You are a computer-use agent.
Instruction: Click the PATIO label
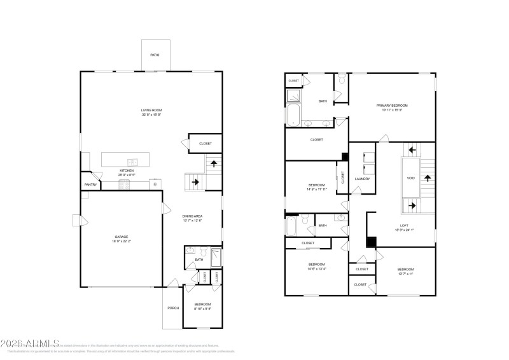pos(155,55)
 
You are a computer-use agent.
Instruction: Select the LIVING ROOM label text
pos(151,111)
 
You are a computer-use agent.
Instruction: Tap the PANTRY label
pos(90,185)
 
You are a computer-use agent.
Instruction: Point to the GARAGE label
pos(122,237)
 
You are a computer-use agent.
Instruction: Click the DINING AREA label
pos(193,217)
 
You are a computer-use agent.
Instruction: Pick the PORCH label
pos(173,308)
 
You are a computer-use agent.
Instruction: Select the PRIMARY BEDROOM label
pos(392,105)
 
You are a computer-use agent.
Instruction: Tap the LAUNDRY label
pos(363,179)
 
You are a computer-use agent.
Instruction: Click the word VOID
pos(411,178)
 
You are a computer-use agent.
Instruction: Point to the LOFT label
pos(404,225)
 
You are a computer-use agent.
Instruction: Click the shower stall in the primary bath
pos(295,95)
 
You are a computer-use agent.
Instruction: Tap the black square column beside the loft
pos(371,242)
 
